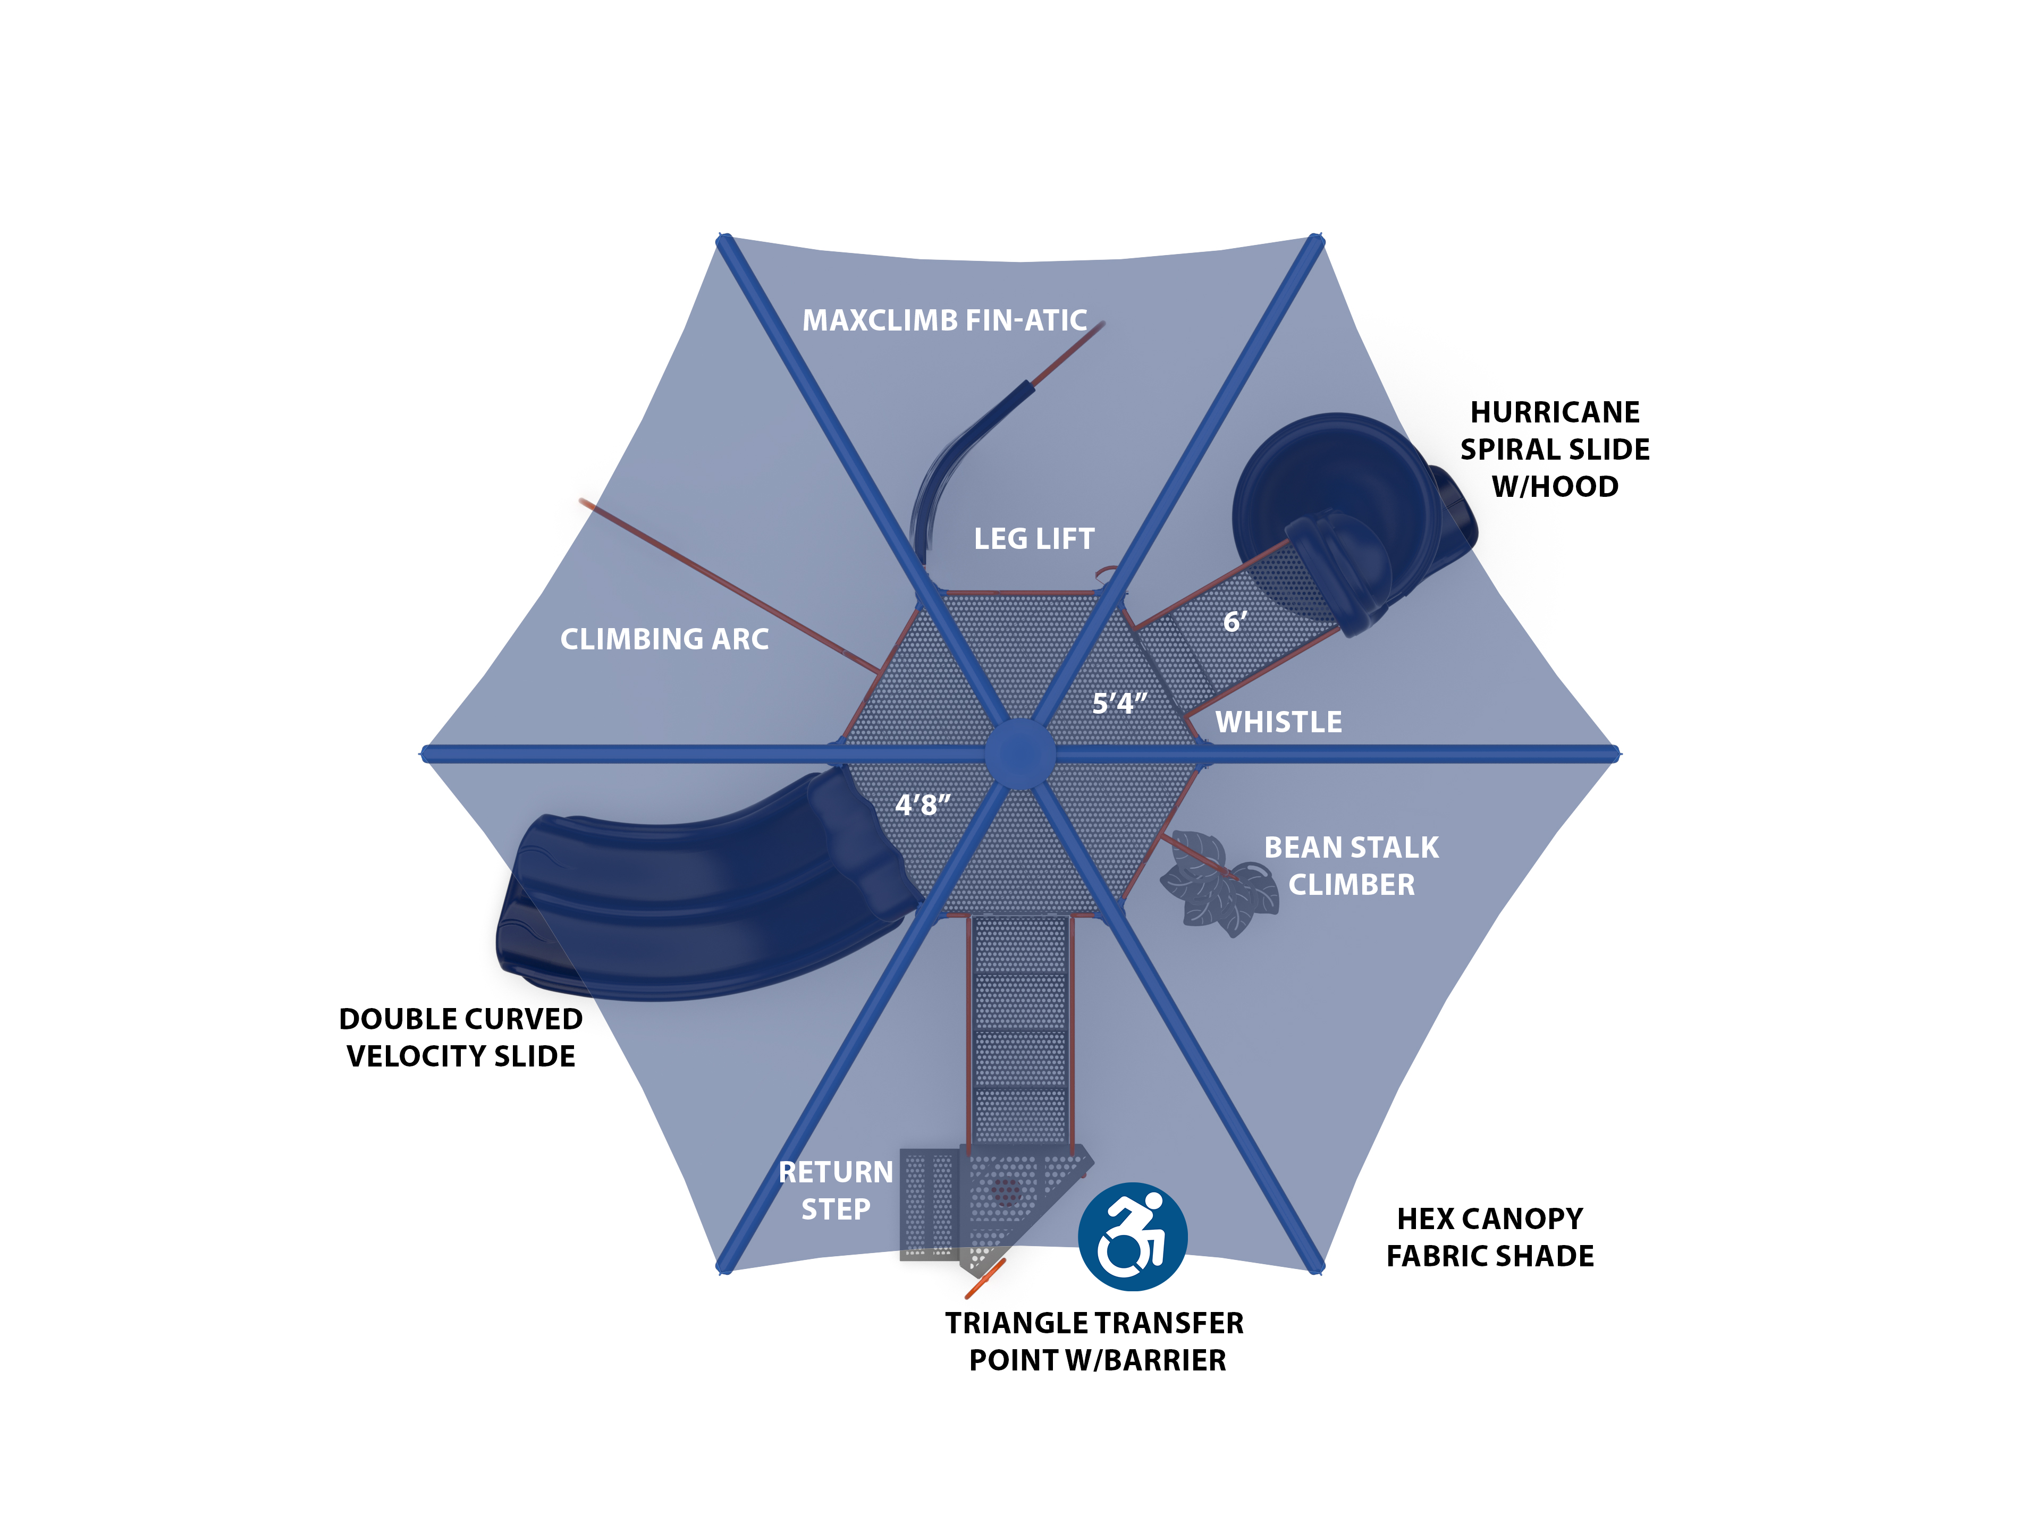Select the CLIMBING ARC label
pos(664,639)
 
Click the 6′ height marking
pos(1235,622)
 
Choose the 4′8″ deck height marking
pos(922,805)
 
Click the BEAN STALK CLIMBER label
pos(1351,866)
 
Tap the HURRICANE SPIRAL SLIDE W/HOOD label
pos(1555,449)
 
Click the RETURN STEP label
pos(836,1191)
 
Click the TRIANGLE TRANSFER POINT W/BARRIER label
pos(1095,1342)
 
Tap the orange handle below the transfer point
pos(984,1279)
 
